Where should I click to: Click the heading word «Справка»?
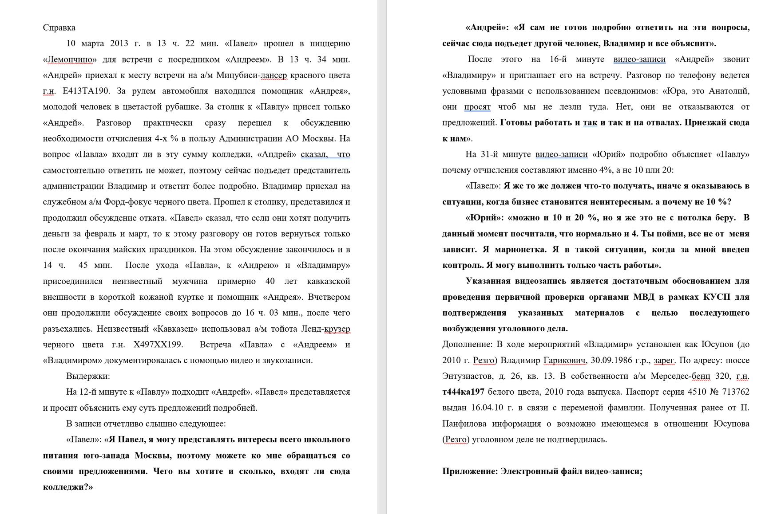pyautogui.click(x=59, y=27)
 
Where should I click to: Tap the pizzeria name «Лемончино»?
pyautogui.click(x=70, y=59)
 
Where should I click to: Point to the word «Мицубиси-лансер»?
pyautogui.click(x=251, y=75)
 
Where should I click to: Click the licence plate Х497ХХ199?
pyautogui.click(x=158, y=345)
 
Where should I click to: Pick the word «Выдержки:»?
pyautogui.click(x=88, y=376)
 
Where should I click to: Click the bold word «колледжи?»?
pyautogui.click(x=67, y=487)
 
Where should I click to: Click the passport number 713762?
pyautogui.click(x=733, y=392)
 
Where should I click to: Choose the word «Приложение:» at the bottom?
pyautogui.click(x=469, y=471)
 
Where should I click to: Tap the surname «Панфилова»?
pyautogui.click(x=465, y=424)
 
